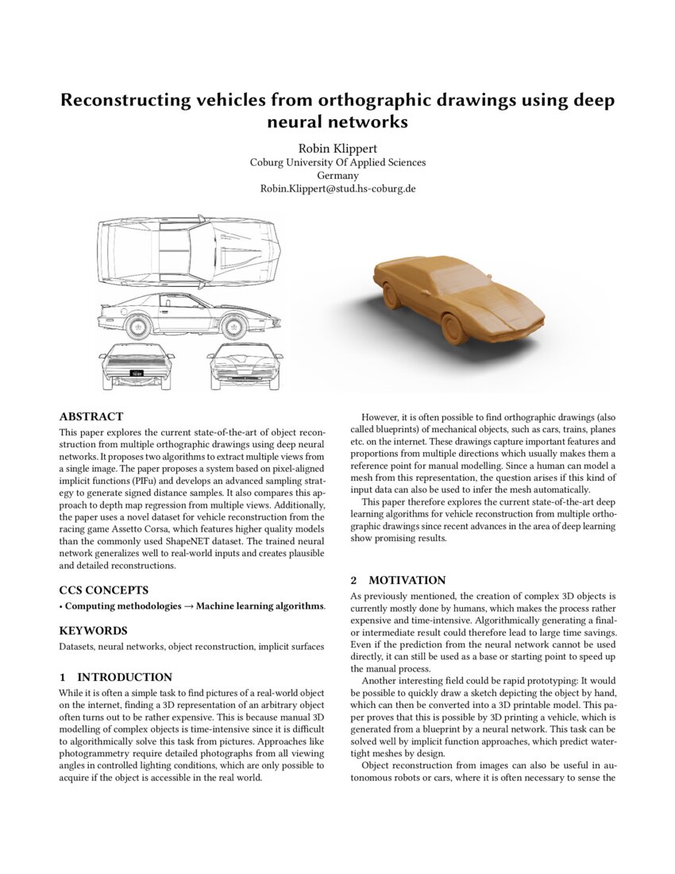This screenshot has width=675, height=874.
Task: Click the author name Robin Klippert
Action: [337, 149]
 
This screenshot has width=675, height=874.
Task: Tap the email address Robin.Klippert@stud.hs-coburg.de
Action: [337, 189]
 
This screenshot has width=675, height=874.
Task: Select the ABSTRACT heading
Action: [91, 416]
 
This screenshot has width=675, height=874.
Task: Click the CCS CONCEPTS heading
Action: [103, 590]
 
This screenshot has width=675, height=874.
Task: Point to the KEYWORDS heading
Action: [92, 630]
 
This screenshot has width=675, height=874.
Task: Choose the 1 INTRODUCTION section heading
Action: [115, 677]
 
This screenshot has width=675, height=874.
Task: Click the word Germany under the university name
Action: [337, 176]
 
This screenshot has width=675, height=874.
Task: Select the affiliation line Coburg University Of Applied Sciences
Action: [337, 162]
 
